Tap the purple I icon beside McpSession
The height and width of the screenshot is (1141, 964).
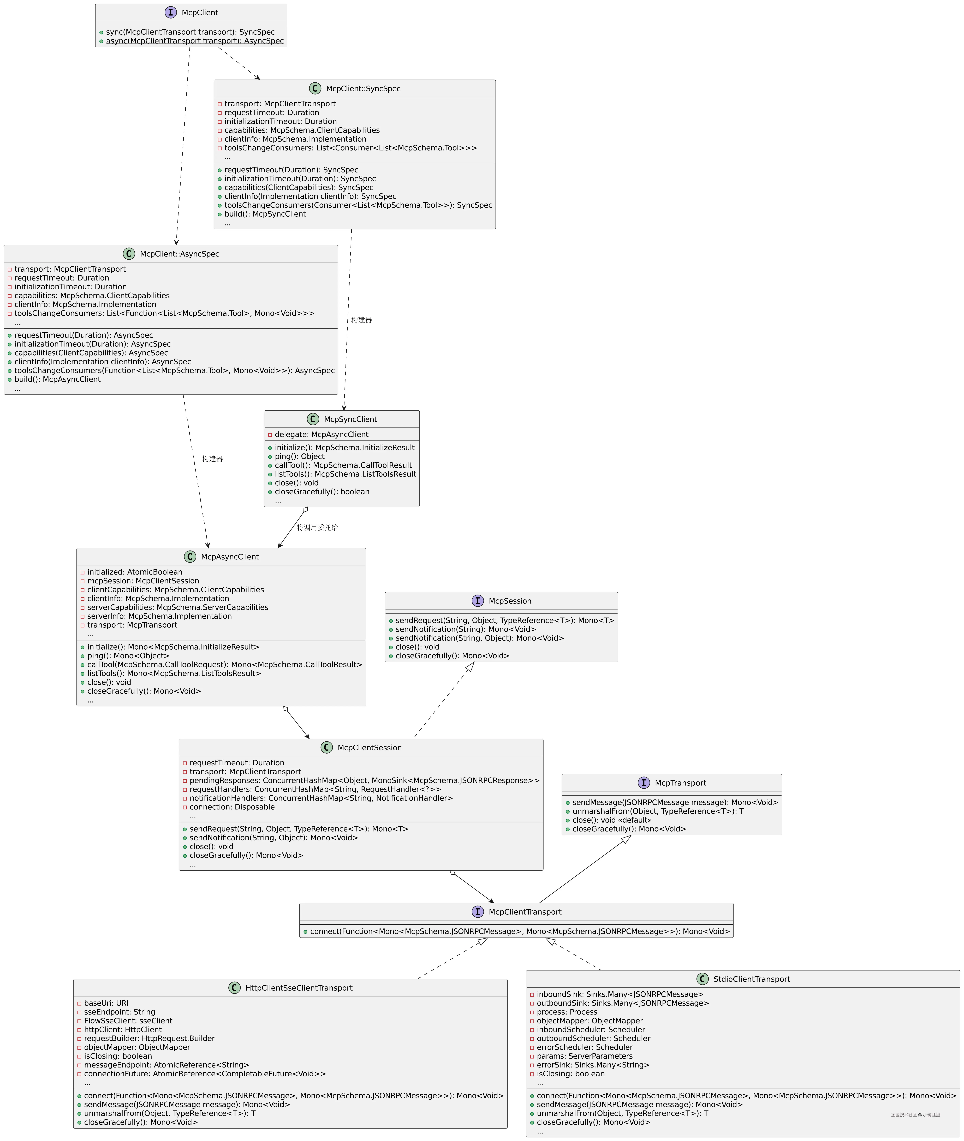(x=478, y=601)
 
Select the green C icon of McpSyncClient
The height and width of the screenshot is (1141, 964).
(x=313, y=419)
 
